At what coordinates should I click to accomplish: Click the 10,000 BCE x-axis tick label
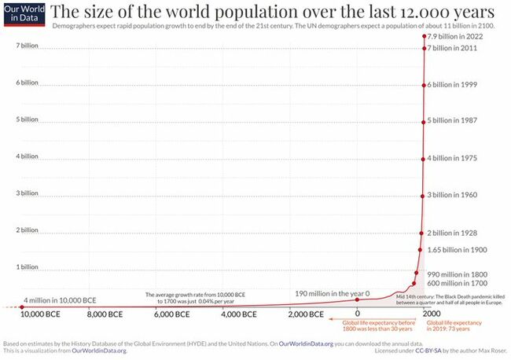click(40, 314)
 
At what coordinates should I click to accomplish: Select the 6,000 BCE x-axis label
click(171, 314)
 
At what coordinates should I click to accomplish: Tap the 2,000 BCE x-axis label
click(303, 314)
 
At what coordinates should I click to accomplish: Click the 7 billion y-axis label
click(28, 46)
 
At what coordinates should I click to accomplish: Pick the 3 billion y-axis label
click(28, 193)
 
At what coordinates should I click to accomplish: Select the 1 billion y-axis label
click(28, 266)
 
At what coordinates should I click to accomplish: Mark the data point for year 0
click(358, 299)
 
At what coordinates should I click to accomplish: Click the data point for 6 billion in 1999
click(425, 85)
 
